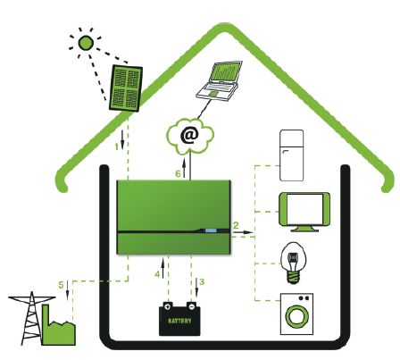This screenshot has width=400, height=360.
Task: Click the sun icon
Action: (86, 43)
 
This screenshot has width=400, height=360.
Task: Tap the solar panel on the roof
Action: (125, 88)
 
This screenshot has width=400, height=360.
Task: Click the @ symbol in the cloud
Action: (189, 136)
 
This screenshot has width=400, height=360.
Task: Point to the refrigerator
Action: (292, 155)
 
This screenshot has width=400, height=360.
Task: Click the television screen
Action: (304, 209)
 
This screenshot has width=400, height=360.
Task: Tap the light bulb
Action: (293, 263)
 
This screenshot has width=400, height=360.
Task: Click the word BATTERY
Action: (179, 321)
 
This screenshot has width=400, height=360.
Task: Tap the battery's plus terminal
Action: (168, 306)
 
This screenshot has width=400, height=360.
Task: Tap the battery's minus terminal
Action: (192, 306)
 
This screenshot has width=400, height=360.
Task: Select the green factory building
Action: (58, 327)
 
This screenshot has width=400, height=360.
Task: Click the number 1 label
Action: (117, 147)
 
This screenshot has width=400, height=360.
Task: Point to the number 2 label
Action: (236, 225)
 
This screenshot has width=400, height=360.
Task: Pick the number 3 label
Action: (202, 281)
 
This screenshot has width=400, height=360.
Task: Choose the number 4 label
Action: (157, 274)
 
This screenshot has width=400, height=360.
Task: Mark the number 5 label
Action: (61, 285)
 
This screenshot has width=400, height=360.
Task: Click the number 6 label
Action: (178, 173)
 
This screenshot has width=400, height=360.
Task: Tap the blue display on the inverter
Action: (210, 230)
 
